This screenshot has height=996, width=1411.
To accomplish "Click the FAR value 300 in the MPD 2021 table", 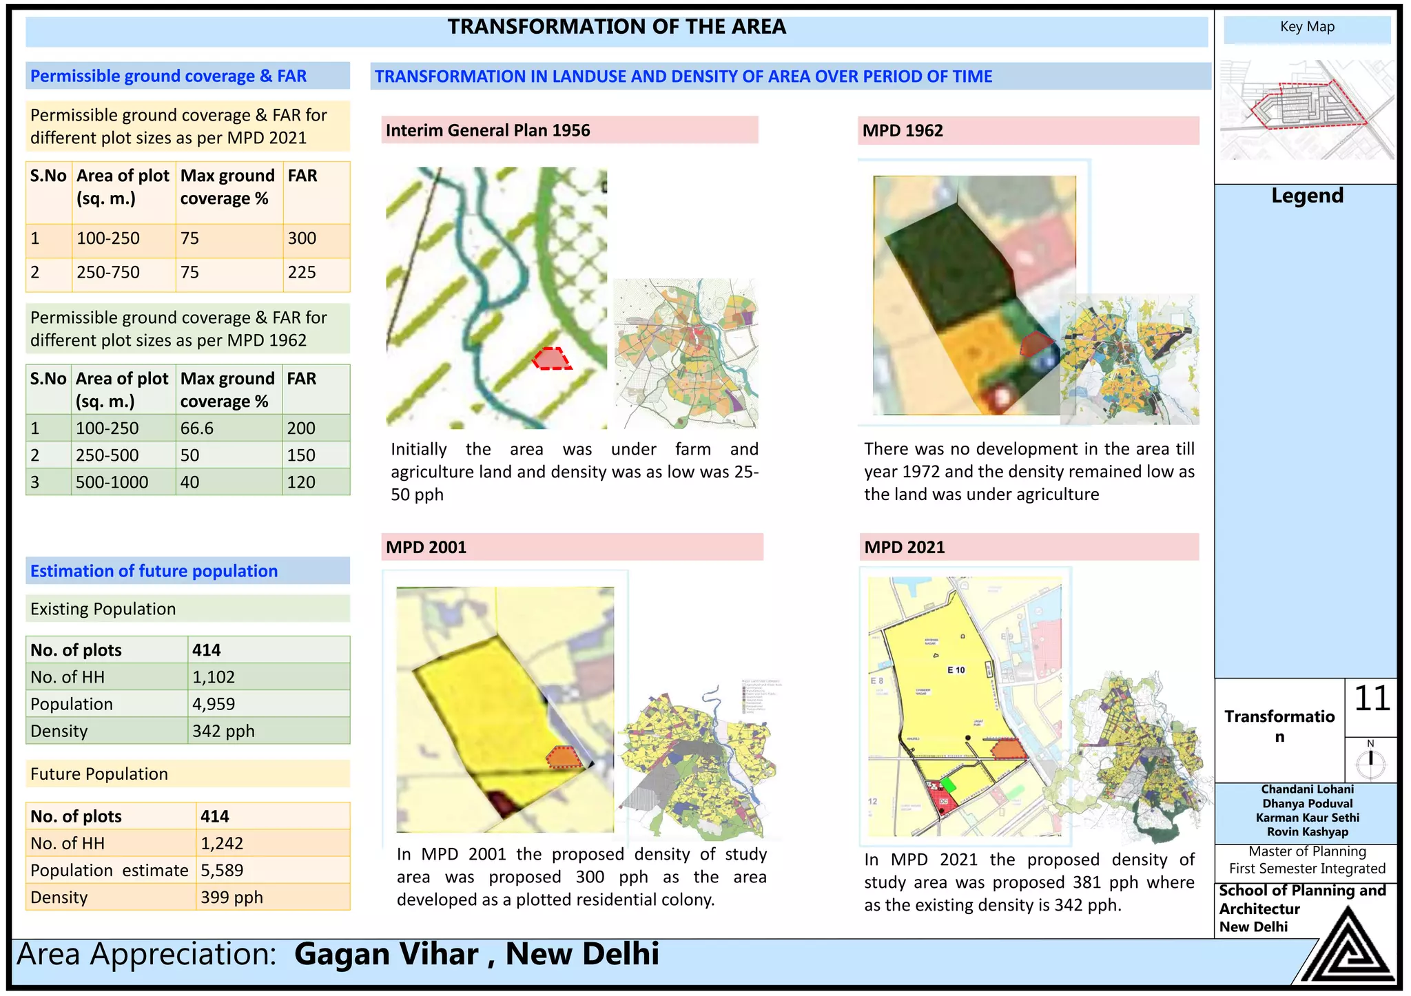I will pyautogui.click(x=302, y=238).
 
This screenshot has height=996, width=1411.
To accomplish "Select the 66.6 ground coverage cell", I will pyautogui.click(x=197, y=428).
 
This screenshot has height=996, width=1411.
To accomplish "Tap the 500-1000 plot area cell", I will pyautogui.click(x=112, y=482).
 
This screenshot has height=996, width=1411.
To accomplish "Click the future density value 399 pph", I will pyautogui.click(x=231, y=898).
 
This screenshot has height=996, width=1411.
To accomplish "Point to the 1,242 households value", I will pyautogui.click(x=222, y=843).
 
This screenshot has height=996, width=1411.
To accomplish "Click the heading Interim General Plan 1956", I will pyautogui.click(x=488, y=130).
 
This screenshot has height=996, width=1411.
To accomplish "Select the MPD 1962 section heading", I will pyautogui.click(x=903, y=130).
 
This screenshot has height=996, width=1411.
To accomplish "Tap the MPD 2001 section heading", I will pyautogui.click(x=426, y=548).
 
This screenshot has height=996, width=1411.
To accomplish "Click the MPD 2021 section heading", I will pyautogui.click(x=904, y=548).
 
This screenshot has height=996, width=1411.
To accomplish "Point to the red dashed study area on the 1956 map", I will pyautogui.click(x=551, y=359).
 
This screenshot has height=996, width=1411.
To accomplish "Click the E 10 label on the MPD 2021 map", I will pyautogui.click(x=956, y=670).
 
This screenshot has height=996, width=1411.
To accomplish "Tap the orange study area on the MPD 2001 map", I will pyautogui.click(x=564, y=757).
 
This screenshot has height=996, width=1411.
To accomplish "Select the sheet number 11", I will pyautogui.click(x=1372, y=699).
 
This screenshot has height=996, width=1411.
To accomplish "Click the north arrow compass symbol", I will pyautogui.click(x=1370, y=760).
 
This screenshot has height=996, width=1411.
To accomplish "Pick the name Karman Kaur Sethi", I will pyautogui.click(x=1307, y=818).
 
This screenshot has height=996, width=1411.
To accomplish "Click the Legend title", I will pyautogui.click(x=1307, y=196).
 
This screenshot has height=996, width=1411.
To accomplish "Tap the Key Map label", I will pyautogui.click(x=1307, y=27).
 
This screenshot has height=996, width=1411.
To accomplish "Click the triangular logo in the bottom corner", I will pyautogui.click(x=1347, y=948).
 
